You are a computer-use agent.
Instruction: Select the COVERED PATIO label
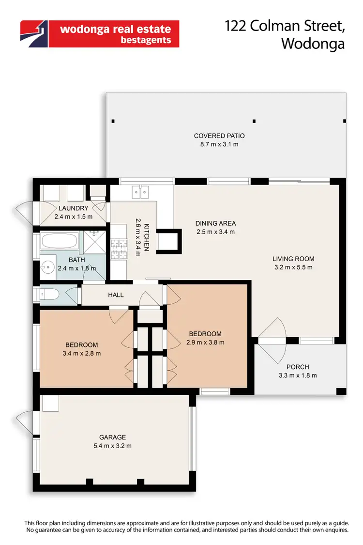coord(216,136)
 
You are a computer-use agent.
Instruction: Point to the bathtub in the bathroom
coord(60,241)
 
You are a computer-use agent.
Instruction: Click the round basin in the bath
coord(47,266)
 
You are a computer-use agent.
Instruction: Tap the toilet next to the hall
coord(48,294)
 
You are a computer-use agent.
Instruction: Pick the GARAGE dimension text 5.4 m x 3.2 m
coord(113,446)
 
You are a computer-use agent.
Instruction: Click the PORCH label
coord(297,367)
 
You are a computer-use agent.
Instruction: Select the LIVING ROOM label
coord(293,259)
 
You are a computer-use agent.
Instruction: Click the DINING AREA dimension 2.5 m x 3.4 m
coord(215,232)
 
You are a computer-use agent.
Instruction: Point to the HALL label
coord(116,295)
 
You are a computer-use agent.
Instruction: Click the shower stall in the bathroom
coord(94,241)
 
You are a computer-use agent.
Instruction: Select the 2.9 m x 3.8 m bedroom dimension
coord(205,342)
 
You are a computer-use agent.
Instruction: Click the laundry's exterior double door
coord(25,211)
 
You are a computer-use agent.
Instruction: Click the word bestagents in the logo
coord(145,40)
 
